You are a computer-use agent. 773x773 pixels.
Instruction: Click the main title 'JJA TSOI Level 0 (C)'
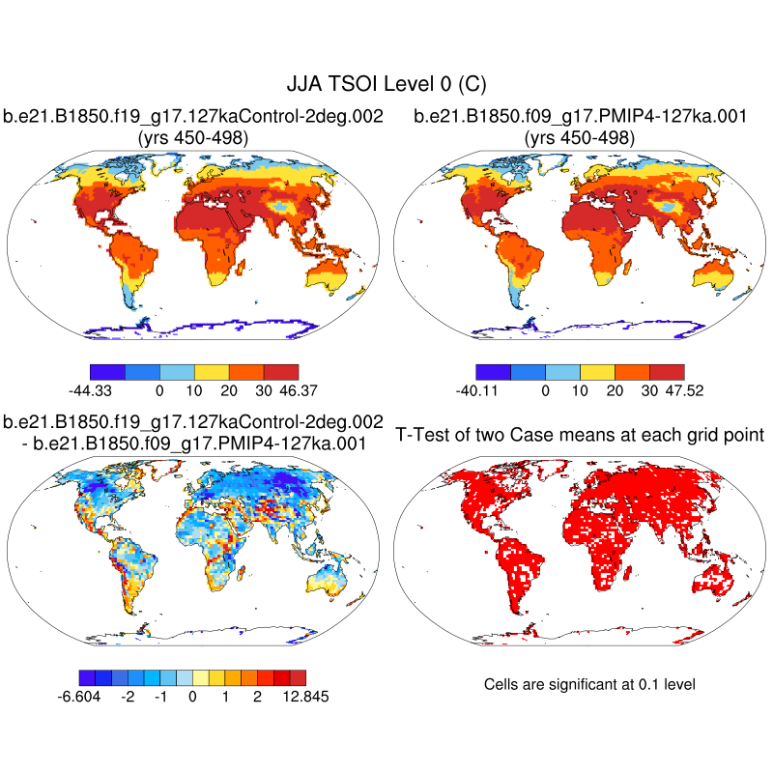[386, 85]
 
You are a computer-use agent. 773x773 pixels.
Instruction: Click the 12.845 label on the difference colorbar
[300, 698]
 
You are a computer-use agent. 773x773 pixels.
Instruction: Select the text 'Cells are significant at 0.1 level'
[589, 684]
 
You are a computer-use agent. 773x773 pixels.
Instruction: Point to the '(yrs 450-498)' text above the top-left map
[193, 138]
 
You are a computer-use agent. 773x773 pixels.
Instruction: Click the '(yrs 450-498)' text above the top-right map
[580, 138]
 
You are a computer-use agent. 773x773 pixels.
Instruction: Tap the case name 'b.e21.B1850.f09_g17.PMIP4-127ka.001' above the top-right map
[580, 117]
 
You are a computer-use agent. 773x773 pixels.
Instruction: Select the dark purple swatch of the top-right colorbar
[493, 371]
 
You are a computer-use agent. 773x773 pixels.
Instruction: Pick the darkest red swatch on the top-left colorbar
[280, 371]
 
